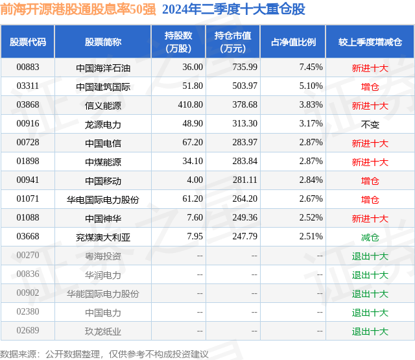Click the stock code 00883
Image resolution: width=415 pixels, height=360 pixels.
coord(28,67)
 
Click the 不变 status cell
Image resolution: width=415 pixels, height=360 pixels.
coord(370,123)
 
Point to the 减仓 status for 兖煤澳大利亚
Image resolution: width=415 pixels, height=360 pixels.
coord(370,237)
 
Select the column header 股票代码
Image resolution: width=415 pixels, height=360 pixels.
coord(28,42)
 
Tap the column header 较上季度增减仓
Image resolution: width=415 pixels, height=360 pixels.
coord(370,42)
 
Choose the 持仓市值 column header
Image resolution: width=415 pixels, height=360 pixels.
coord(233,42)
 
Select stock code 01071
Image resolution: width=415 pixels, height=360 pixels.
coord(28,199)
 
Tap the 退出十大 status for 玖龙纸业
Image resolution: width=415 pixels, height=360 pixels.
coord(370,331)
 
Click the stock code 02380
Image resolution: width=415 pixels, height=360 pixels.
coord(28,313)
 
